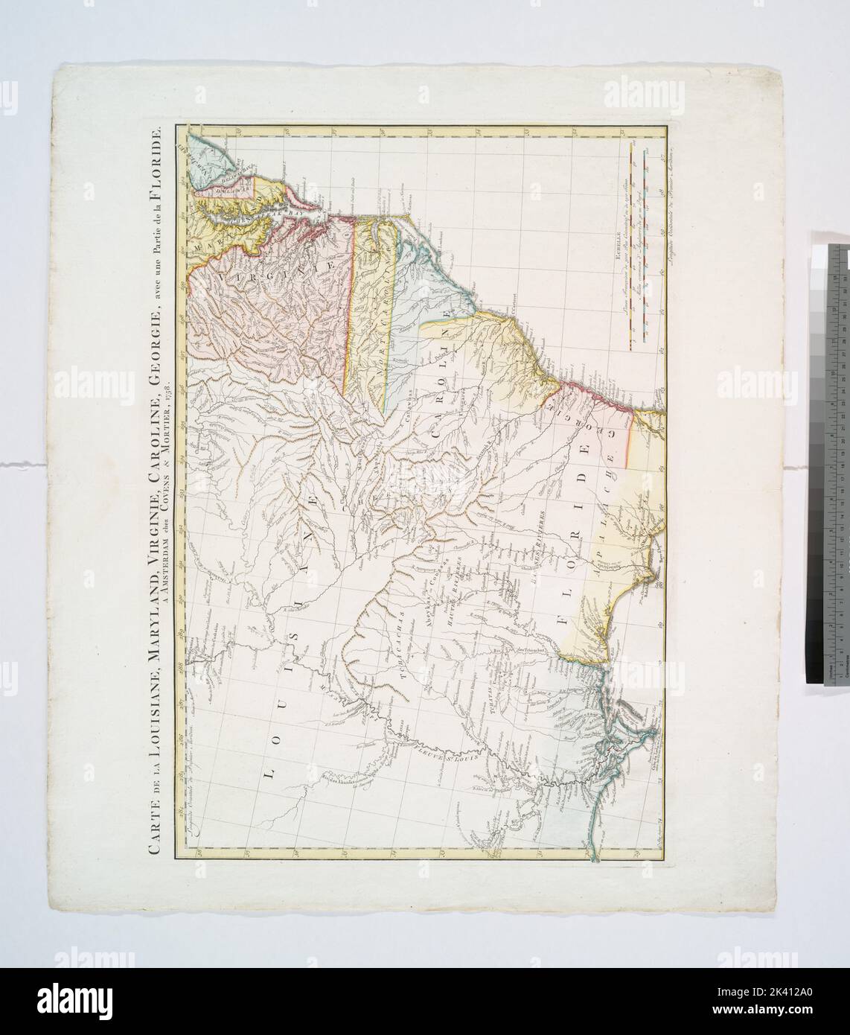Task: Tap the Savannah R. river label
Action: click(490, 447)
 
